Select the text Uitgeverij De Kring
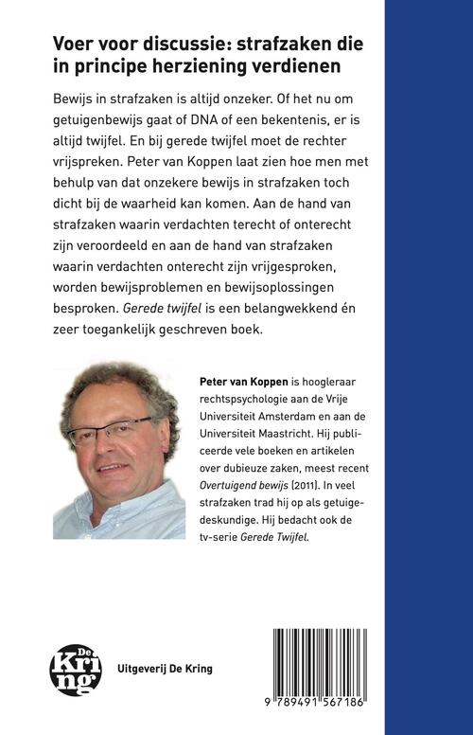(x=157, y=668)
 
